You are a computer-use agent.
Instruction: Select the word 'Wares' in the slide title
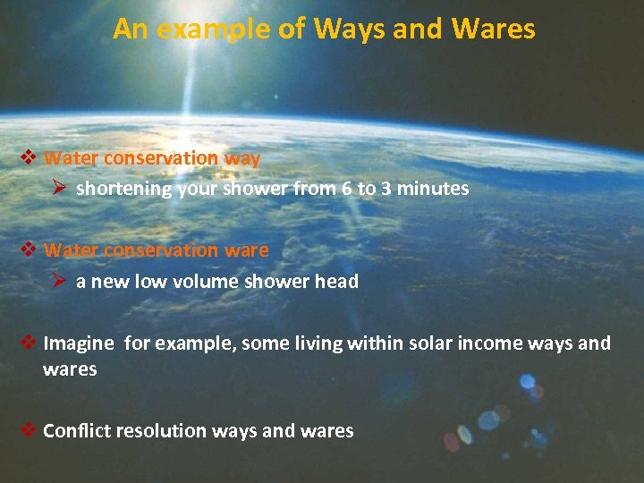click(x=494, y=30)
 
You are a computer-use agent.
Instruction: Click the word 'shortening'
click(x=123, y=189)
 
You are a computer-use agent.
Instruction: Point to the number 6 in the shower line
click(x=343, y=189)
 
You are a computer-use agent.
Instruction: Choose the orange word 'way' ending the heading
click(x=242, y=158)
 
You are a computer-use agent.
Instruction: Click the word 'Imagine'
click(x=79, y=343)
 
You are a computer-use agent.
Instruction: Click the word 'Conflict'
click(x=75, y=431)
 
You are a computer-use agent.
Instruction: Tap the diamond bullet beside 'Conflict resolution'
click(x=28, y=431)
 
